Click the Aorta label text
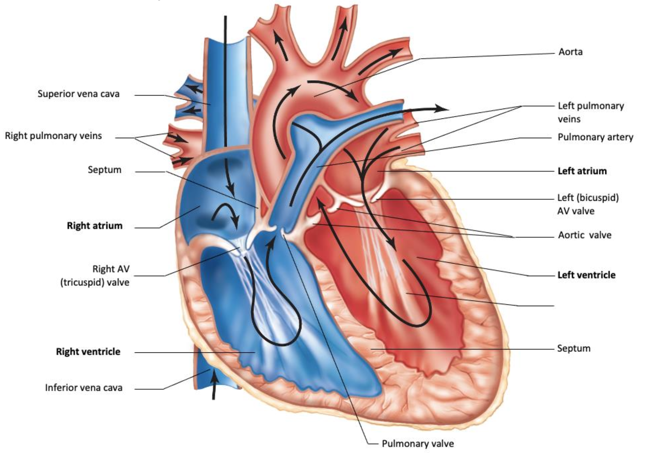pos(570,52)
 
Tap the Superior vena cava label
pos(79,94)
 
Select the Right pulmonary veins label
pos(53,136)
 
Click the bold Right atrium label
pos(95,225)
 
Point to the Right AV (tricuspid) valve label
pos(95,276)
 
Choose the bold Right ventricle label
pos(88,351)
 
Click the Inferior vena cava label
pos(84,388)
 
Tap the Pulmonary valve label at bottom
pos(418,444)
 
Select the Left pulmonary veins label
pos(591,112)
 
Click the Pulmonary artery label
pos(595,137)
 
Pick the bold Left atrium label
pos(582,171)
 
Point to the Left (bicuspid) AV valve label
pos(588,204)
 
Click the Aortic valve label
pos(585,235)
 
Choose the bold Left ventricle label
pos(586,275)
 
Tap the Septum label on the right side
pos(574,348)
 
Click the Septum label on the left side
pos(105,170)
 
